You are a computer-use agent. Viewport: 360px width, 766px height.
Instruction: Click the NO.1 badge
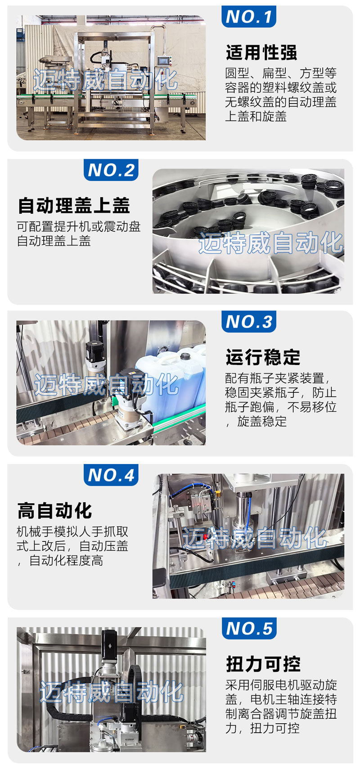click(x=248, y=16)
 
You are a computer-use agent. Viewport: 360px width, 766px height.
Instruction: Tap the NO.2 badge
click(x=111, y=170)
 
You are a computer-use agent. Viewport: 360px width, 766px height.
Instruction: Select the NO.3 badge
click(x=248, y=321)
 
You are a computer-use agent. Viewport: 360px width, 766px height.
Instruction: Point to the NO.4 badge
click(x=111, y=475)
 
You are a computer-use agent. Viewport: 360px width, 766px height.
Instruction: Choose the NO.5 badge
click(x=249, y=628)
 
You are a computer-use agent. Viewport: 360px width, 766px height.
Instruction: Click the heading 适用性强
click(x=261, y=53)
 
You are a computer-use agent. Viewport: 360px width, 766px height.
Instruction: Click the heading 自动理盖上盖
click(x=74, y=205)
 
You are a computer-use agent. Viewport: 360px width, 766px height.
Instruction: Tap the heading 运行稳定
click(x=262, y=357)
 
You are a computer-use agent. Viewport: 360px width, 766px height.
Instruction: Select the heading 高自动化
click(x=55, y=510)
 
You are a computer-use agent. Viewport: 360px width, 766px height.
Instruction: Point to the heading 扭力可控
click(x=263, y=664)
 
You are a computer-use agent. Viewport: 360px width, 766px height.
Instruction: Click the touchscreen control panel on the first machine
click(x=163, y=61)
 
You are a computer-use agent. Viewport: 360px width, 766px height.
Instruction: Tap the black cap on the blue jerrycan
click(x=185, y=356)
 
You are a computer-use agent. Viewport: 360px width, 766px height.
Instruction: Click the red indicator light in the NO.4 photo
click(x=206, y=536)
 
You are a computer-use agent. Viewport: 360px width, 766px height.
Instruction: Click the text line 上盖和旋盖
click(x=256, y=116)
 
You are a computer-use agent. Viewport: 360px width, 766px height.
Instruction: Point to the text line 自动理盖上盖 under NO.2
click(x=54, y=241)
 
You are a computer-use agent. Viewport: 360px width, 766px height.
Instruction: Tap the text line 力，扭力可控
click(x=262, y=728)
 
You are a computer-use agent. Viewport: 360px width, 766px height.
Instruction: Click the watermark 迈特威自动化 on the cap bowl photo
click(x=271, y=243)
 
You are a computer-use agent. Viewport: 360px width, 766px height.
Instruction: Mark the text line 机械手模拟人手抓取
click(x=72, y=532)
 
